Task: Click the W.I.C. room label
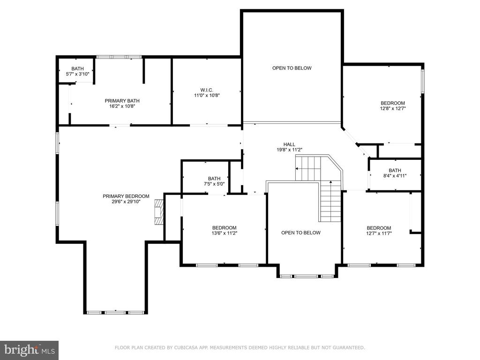(207, 90)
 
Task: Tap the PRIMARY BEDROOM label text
(126, 196)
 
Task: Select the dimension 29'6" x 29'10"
(126, 202)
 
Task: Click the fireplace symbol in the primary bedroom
(159, 212)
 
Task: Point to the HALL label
(289, 144)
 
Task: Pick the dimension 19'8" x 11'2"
(289, 150)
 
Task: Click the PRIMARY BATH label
(122, 101)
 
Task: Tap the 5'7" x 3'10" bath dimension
(77, 74)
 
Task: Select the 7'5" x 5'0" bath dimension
(214, 184)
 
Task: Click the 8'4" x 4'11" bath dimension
(395, 176)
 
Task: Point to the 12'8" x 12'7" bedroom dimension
(393, 108)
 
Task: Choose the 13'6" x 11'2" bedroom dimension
(225, 233)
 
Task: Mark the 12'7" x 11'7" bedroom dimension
(379, 233)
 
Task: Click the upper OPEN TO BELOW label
(292, 68)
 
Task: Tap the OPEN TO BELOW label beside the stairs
(301, 232)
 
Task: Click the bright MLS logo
(30, 350)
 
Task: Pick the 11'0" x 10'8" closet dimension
(207, 95)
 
